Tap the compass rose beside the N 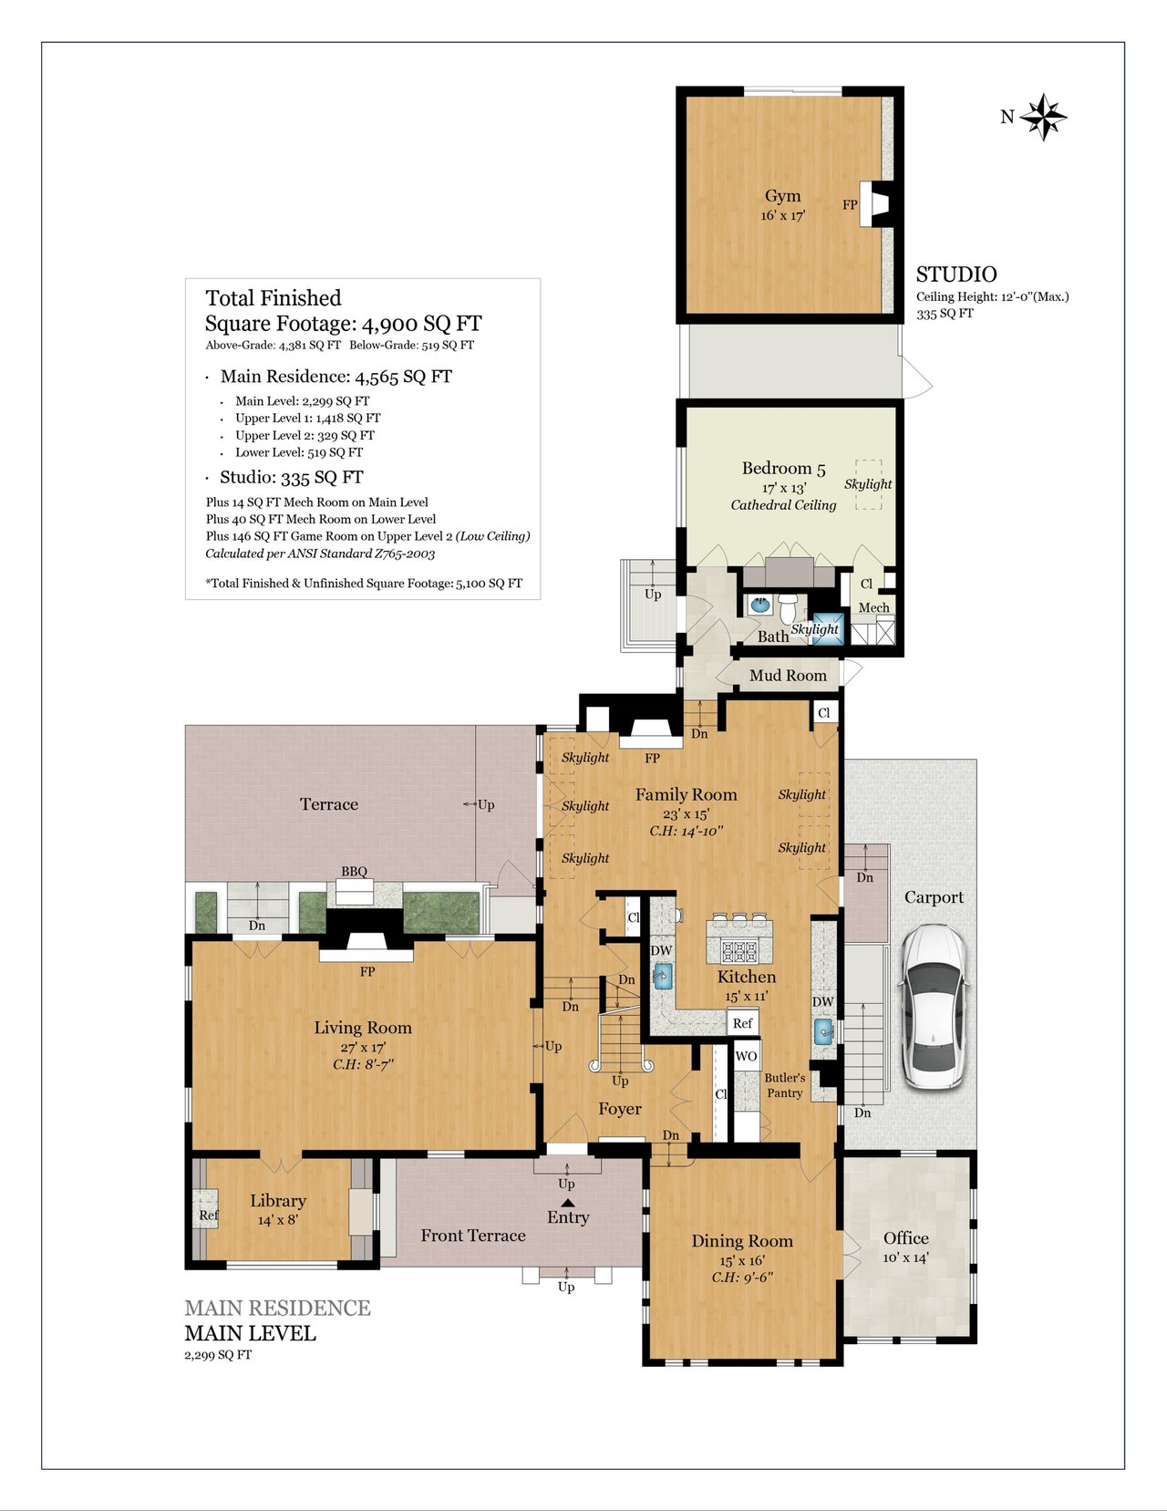[1043, 117]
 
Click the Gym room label [782, 196]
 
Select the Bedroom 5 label [783, 468]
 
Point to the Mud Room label [789, 675]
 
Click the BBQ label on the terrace [354, 871]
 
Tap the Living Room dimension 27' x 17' [363, 1047]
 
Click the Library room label [278, 1201]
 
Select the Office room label [905, 1237]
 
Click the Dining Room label [741, 1240]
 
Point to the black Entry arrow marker [568, 1202]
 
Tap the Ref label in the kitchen [742, 1023]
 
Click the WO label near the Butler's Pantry [746, 1056]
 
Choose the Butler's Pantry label [785, 1085]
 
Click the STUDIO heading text [956, 274]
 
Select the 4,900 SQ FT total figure [421, 324]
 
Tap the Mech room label [873, 607]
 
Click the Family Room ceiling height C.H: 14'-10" [686, 830]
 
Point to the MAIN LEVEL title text [250, 1334]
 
